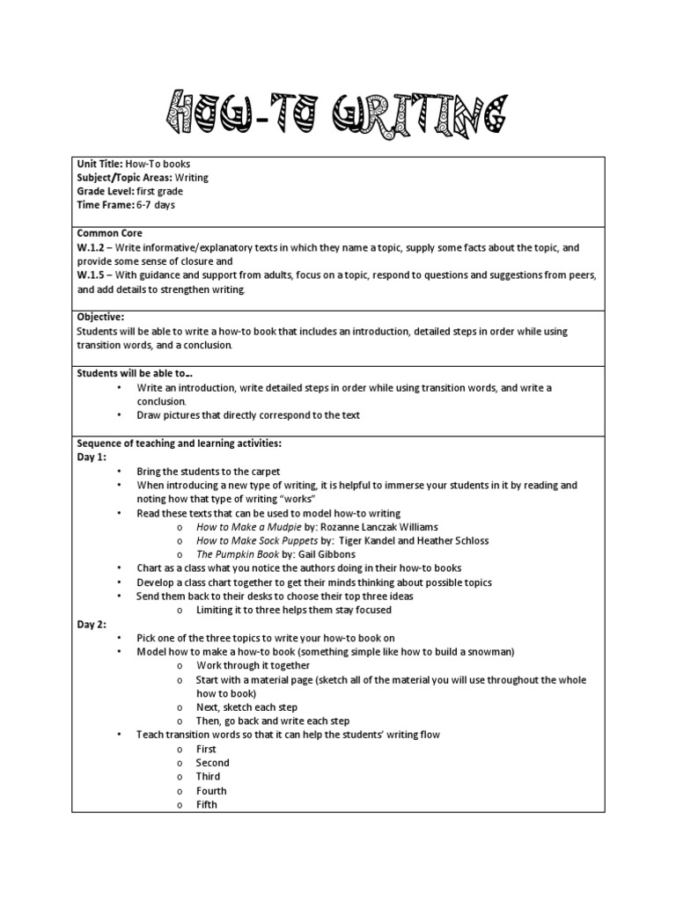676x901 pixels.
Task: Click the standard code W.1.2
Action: [x=92, y=248]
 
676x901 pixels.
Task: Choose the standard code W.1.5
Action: [x=92, y=275]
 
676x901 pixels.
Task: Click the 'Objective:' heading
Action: [x=100, y=317]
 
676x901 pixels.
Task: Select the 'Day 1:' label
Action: [x=92, y=458]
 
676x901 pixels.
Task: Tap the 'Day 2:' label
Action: [x=92, y=624]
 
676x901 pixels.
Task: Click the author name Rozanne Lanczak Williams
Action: [x=381, y=527]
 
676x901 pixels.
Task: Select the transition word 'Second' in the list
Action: [x=212, y=763]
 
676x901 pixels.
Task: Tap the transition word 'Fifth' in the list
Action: [x=206, y=804]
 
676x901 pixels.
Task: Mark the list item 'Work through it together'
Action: [x=253, y=665]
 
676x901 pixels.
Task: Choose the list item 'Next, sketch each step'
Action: [x=246, y=707]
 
